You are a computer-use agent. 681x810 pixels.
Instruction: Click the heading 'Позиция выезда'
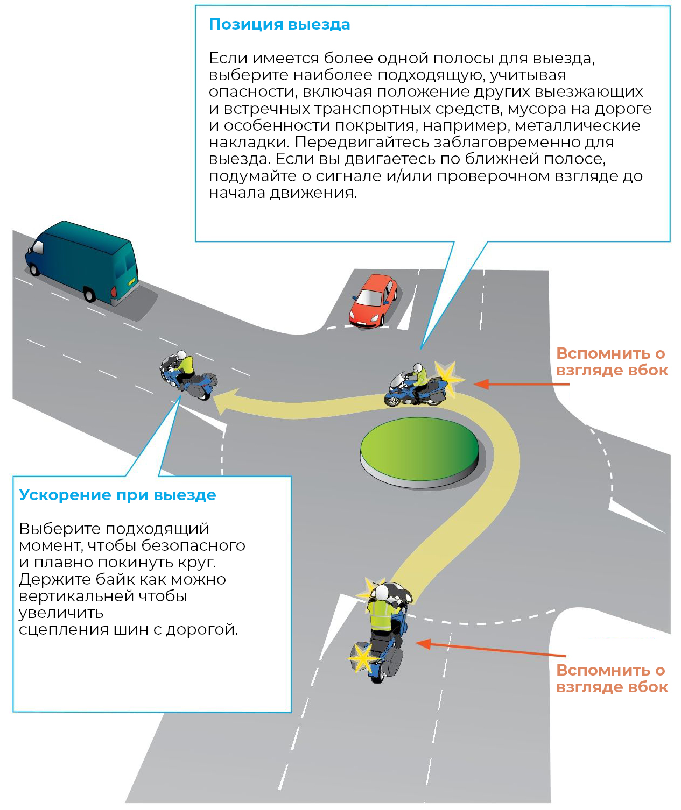[279, 25]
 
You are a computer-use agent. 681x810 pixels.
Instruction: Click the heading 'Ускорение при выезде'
[117, 495]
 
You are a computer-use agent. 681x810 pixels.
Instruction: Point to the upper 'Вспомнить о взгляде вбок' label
[612, 362]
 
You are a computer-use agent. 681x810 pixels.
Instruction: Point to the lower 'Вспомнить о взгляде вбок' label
[612, 679]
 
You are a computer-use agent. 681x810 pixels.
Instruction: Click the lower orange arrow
[490, 649]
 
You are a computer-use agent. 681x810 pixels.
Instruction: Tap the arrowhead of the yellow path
[224, 402]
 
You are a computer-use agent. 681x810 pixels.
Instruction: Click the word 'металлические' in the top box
[577, 126]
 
